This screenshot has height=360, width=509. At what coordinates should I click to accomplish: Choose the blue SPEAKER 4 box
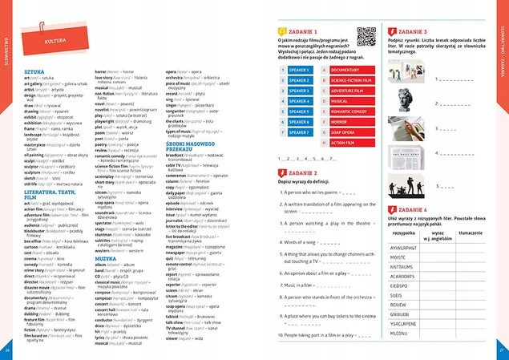(299, 101)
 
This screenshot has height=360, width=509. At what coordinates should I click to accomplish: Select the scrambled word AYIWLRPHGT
(404, 249)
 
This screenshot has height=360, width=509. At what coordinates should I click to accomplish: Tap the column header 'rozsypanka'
(404, 233)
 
